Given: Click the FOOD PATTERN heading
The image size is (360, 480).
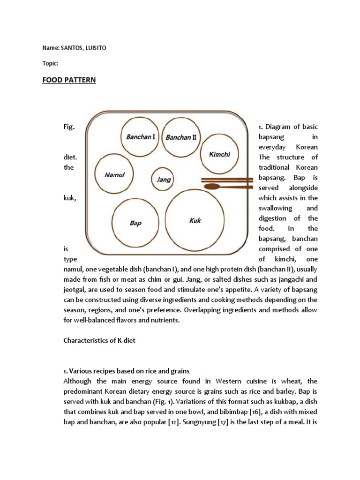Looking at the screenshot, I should coord(69,80).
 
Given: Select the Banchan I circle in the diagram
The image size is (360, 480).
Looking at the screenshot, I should coord(141,137).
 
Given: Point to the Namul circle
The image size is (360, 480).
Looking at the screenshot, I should coord(114,174).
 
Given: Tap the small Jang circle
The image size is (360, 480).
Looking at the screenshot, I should coord(164,179).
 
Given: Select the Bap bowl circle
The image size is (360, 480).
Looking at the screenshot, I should coord(135,223).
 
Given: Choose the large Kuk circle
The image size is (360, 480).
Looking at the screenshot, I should coord(195,220).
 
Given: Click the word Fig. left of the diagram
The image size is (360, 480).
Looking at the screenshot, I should coord(69,127).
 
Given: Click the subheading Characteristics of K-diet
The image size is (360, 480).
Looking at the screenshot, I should coord(99,340).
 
